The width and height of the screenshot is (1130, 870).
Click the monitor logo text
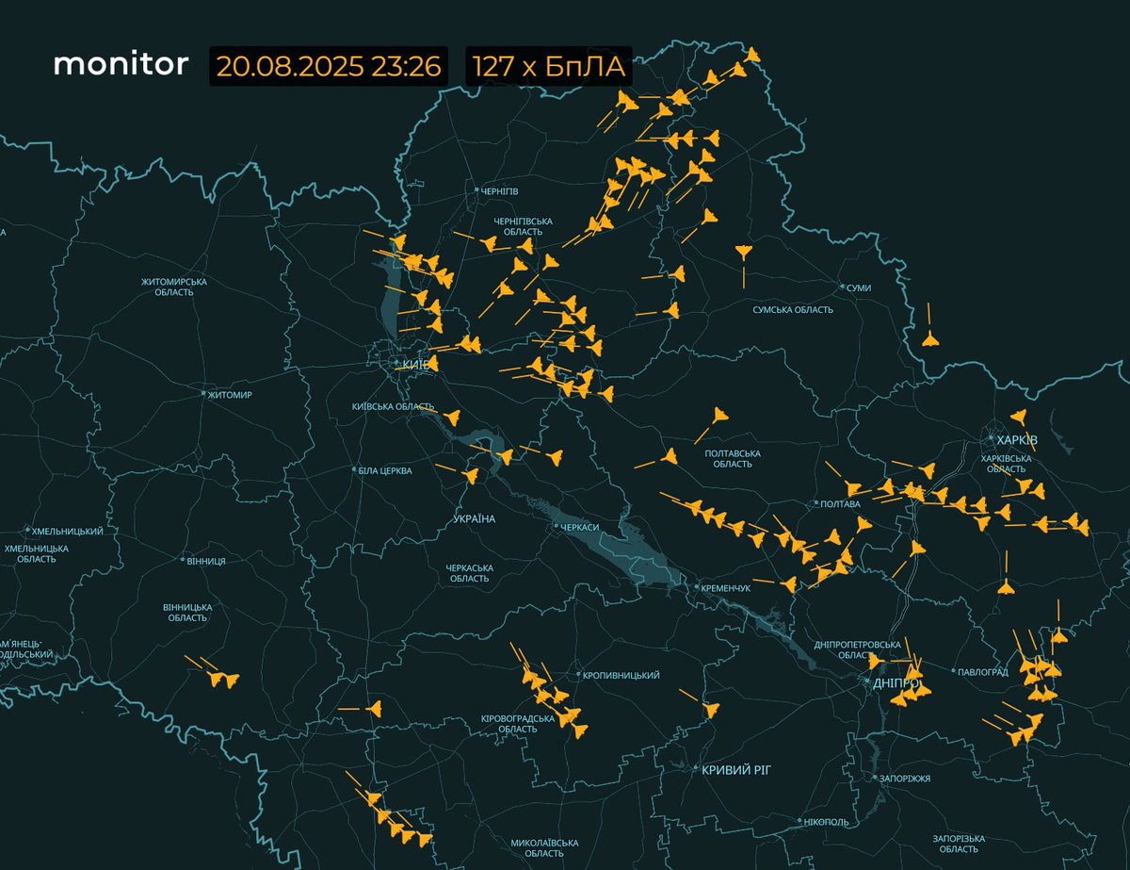click(x=121, y=64)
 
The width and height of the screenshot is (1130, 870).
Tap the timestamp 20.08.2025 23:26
click(x=330, y=66)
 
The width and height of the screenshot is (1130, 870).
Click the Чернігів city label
click(x=499, y=190)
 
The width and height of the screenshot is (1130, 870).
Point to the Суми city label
click(x=859, y=287)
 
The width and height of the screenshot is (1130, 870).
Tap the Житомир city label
click(x=231, y=394)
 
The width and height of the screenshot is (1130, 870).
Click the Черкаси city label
click(x=580, y=527)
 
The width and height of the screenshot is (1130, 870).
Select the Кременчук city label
click(x=723, y=588)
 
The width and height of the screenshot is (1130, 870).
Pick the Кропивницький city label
click(x=621, y=675)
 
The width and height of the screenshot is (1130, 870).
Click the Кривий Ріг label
click(x=736, y=769)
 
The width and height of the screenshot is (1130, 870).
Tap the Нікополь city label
click(x=826, y=822)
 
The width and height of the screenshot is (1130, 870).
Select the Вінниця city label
click(x=206, y=561)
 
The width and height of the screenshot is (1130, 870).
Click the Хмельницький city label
click(x=67, y=532)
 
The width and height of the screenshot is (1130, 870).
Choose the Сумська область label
click(x=793, y=310)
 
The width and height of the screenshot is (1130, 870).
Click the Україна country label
click(x=475, y=519)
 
